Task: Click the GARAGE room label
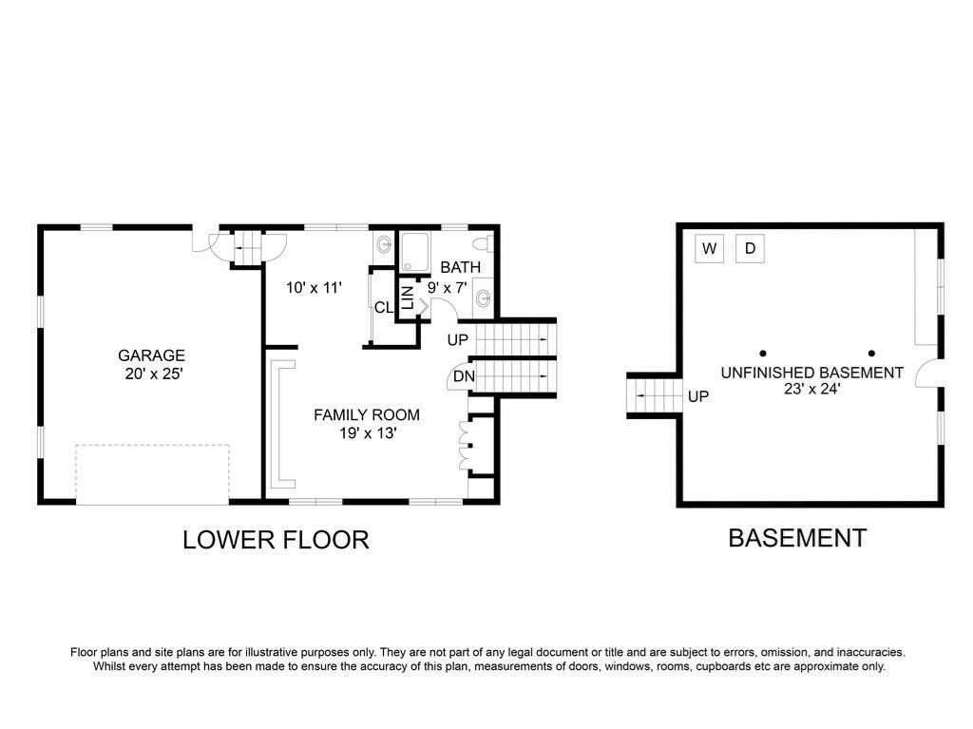pyautogui.click(x=151, y=355)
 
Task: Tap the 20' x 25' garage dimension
pyautogui.click(x=153, y=374)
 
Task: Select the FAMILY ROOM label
pyautogui.click(x=367, y=414)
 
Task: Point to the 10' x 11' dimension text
pyautogui.click(x=314, y=287)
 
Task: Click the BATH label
pyautogui.click(x=461, y=267)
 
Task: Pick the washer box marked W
pyautogui.click(x=709, y=248)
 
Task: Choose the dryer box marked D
pyautogui.click(x=751, y=248)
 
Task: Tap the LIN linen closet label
pyautogui.click(x=408, y=298)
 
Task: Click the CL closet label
pyautogui.click(x=384, y=307)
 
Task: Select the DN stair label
pyautogui.click(x=464, y=376)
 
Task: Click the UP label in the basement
pyautogui.click(x=698, y=396)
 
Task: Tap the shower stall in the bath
pyautogui.click(x=414, y=252)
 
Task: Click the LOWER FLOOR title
pyautogui.click(x=276, y=540)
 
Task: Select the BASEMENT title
pyautogui.click(x=797, y=538)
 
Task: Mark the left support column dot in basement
pyautogui.click(x=763, y=354)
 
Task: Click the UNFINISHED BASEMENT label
pyautogui.click(x=811, y=373)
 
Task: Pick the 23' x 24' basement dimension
pyautogui.click(x=811, y=390)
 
